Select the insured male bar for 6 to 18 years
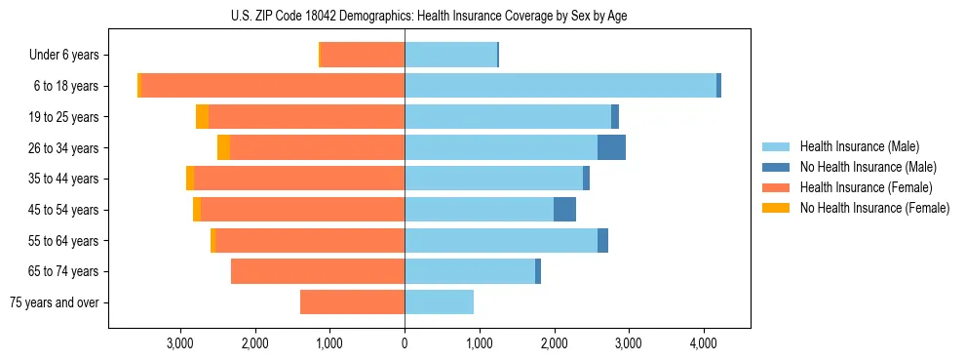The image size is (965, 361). (x=560, y=86)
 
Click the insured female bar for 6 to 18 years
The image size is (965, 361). (x=273, y=86)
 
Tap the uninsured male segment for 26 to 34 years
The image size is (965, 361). (x=611, y=147)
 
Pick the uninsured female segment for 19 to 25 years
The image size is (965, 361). (x=202, y=117)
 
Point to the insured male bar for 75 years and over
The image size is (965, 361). (x=439, y=302)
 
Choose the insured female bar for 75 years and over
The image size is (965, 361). (x=352, y=302)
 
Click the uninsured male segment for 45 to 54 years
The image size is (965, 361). (x=564, y=210)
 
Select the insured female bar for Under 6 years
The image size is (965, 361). (x=363, y=55)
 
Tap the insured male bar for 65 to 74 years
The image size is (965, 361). (x=470, y=271)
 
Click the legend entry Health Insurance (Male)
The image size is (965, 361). (x=859, y=146)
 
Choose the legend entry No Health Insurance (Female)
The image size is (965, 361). (x=873, y=208)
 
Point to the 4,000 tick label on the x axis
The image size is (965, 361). (x=703, y=343)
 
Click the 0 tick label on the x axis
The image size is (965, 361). (x=405, y=343)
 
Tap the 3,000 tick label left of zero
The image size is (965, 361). (x=180, y=343)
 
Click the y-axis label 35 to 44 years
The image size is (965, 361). (x=63, y=179)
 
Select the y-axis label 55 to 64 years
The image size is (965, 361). (x=63, y=241)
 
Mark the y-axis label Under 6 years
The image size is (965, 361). (x=63, y=56)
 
